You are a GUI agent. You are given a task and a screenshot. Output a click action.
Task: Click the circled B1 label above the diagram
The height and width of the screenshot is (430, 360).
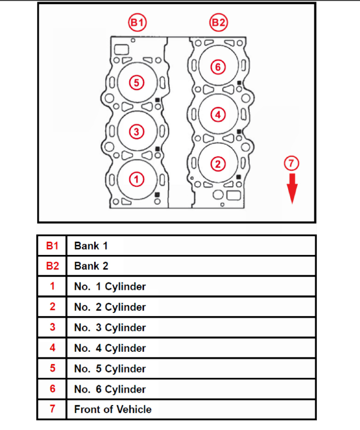(x=138, y=22)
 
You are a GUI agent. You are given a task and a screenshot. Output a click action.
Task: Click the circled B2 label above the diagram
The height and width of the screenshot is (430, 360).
(x=219, y=22)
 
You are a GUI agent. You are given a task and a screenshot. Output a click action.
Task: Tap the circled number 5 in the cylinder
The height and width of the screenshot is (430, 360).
(x=137, y=82)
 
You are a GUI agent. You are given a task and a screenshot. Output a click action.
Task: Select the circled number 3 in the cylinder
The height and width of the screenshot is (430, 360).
(x=137, y=131)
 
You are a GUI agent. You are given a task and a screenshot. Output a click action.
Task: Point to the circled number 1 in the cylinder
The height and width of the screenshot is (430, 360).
(x=137, y=179)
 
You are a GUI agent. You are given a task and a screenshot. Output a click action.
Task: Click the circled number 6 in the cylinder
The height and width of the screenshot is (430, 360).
(x=218, y=67)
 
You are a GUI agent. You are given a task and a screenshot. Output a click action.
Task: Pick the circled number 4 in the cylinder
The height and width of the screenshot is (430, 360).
(x=218, y=114)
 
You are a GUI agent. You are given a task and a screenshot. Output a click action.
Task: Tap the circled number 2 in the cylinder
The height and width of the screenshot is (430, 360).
(x=218, y=163)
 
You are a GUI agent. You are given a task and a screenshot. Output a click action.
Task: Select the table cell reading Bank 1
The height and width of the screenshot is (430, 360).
(x=91, y=246)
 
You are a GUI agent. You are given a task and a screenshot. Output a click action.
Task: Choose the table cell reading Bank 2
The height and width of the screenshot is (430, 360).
(x=91, y=266)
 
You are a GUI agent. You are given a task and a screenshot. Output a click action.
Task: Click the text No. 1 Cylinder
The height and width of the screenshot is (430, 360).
(x=110, y=287)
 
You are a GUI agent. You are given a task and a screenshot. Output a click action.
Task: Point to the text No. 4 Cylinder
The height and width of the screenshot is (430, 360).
(x=110, y=348)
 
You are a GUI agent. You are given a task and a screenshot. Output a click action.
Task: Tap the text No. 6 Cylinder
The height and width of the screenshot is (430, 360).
(x=110, y=389)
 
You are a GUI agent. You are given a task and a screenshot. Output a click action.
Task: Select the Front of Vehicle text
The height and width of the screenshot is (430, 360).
(x=113, y=410)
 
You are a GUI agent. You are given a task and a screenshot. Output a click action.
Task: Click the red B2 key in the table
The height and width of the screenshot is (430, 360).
(x=52, y=266)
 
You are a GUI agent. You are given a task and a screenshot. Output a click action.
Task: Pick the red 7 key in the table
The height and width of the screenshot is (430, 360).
(x=52, y=410)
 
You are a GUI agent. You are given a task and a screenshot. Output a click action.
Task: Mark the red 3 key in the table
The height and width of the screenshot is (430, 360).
(x=52, y=327)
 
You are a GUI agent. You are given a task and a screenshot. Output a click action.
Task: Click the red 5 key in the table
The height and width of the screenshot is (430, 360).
(x=52, y=368)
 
